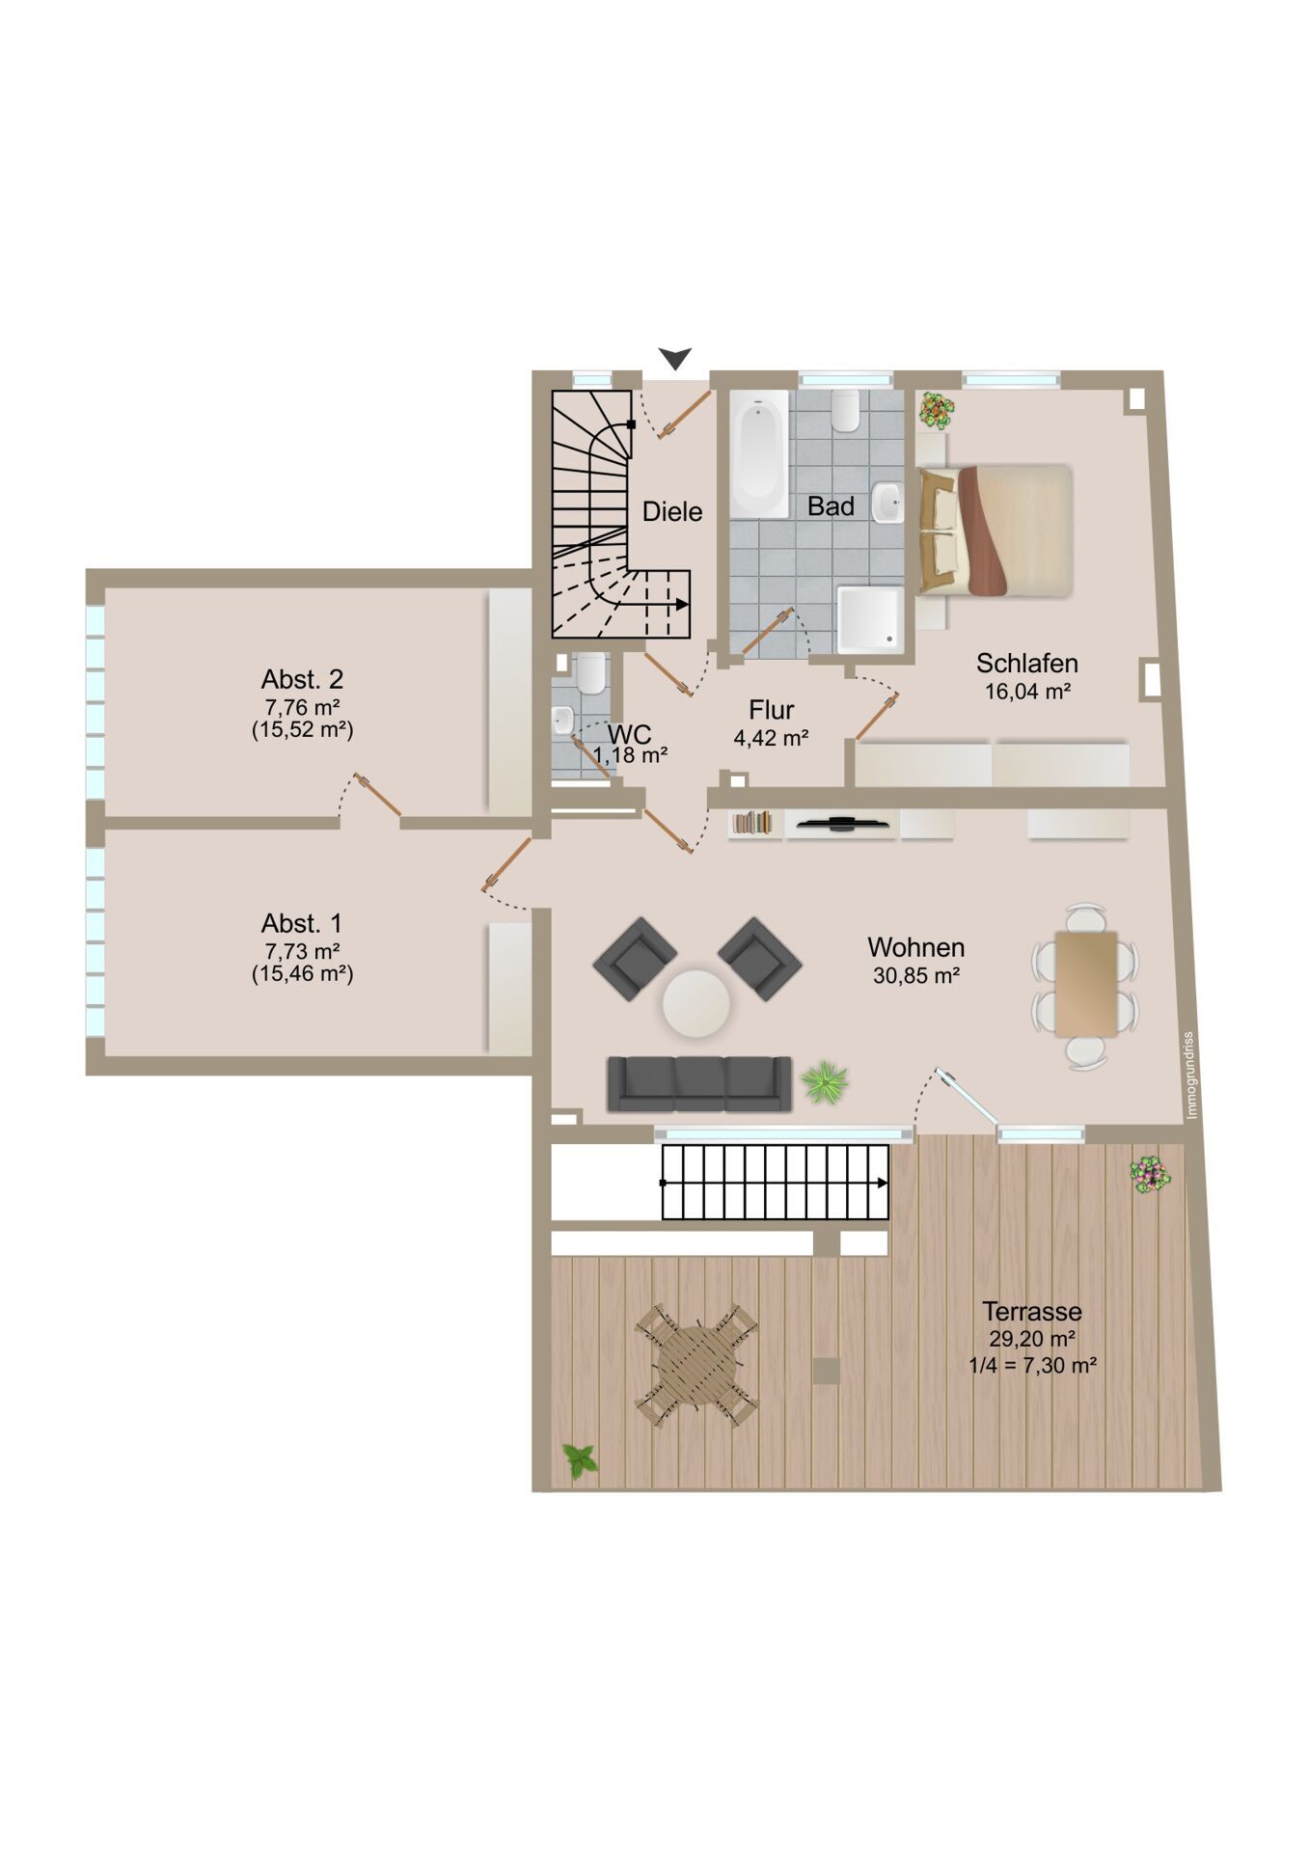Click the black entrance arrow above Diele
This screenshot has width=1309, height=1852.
point(675,358)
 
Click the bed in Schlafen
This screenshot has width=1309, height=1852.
point(995,531)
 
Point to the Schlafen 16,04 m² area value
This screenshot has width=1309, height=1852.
point(1027,692)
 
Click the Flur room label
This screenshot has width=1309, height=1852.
point(771,710)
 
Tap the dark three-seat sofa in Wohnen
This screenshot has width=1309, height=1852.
point(699,1083)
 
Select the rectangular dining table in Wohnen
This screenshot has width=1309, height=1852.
point(1086,984)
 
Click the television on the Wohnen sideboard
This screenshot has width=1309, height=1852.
point(843,823)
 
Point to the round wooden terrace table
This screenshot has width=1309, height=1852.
point(697,1366)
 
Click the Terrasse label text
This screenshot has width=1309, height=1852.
point(1032,1311)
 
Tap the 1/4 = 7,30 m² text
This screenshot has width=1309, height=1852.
point(1032,1366)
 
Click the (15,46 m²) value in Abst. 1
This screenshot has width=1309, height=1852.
point(303,973)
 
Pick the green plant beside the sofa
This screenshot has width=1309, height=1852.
point(825,1081)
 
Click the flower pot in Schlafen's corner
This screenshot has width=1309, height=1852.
point(936,410)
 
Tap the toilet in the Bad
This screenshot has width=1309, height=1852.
point(846,410)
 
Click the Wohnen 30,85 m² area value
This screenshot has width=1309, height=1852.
point(915,975)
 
